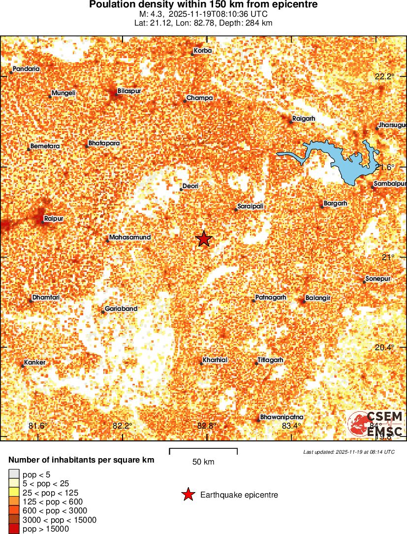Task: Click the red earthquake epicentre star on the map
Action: pyautogui.click(x=204, y=239)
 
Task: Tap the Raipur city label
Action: pyautogui.click(x=54, y=218)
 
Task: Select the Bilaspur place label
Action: pyautogui.click(x=129, y=91)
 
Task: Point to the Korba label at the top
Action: pyautogui.click(x=203, y=51)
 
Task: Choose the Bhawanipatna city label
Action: pyautogui.click(x=282, y=417)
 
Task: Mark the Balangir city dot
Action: pyautogui.click(x=303, y=300)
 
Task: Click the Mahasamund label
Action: pyautogui.click(x=129, y=237)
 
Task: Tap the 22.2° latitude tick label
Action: pyautogui.click(x=384, y=77)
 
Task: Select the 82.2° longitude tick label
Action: pyautogui.click(x=122, y=426)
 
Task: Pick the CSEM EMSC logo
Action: pyautogui.click(x=375, y=424)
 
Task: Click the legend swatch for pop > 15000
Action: pyautogui.click(x=13, y=529)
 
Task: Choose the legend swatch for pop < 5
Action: pyautogui.click(x=13, y=474)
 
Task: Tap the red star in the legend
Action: pyautogui.click(x=188, y=495)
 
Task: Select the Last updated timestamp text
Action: pyautogui.click(x=348, y=452)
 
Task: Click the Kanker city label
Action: pyautogui.click(x=35, y=363)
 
